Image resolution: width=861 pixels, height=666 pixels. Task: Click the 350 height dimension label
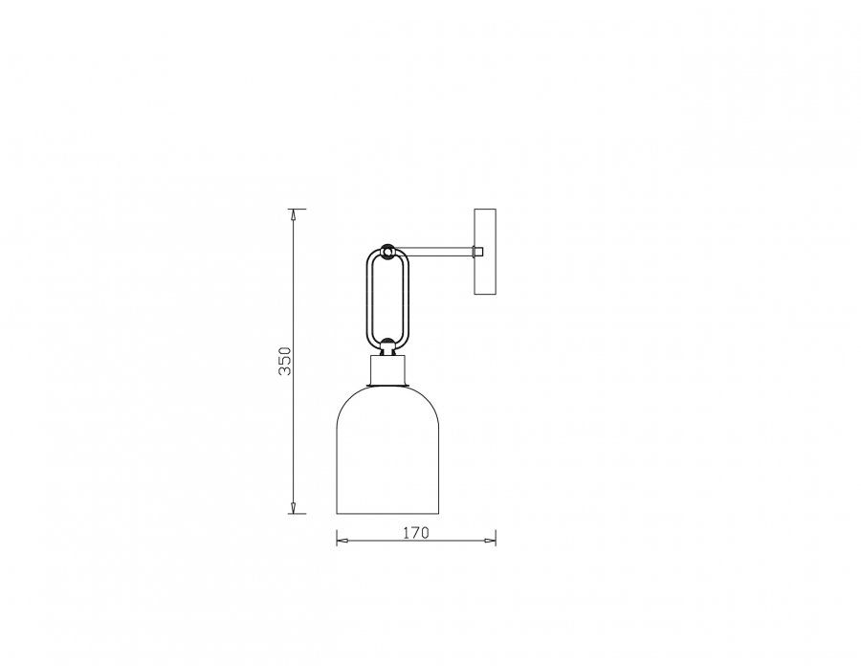pyautogui.click(x=285, y=361)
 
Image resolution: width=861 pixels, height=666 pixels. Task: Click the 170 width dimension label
pyautogui.click(x=416, y=533)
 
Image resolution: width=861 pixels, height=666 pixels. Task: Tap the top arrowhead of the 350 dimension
pyautogui.click(x=294, y=214)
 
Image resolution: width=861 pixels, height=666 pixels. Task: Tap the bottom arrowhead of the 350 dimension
pyautogui.click(x=294, y=508)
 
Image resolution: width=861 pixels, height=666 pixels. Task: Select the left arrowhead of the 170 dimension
pyautogui.click(x=342, y=541)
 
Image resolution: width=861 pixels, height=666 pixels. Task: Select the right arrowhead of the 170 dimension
pyautogui.click(x=490, y=541)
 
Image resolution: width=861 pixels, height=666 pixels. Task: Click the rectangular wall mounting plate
pyautogui.click(x=485, y=252)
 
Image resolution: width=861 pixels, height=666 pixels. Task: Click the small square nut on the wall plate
pyautogui.click(x=478, y=252)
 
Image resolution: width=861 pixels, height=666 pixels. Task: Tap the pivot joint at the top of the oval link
pyautogui.click(x=387, y=252)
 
